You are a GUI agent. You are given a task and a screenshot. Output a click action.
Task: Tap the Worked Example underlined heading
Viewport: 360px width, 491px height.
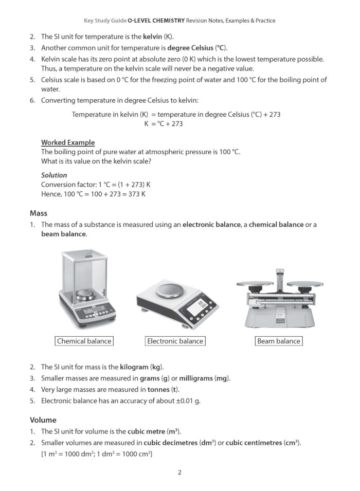coord(68,142)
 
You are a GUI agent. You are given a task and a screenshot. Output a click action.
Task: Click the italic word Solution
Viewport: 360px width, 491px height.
coord(54,175)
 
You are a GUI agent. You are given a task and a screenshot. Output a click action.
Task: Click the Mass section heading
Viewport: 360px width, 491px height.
coord(39,213)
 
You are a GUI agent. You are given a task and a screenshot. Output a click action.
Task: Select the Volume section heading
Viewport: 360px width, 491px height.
coord(43,420)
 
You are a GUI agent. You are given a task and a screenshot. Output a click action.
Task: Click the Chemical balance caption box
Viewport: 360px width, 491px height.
coord(84,341)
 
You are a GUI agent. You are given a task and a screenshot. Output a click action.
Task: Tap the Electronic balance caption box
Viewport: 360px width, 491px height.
coord(175,341)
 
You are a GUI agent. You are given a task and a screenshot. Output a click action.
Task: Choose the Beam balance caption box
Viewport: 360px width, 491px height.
coord(279,341)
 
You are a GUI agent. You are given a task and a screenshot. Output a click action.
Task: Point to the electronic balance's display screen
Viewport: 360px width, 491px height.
coord(195,308)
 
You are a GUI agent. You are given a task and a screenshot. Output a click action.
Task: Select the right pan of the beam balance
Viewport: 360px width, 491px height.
coord(304,283)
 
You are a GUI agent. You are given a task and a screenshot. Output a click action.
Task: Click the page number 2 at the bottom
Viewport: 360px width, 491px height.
coord(179,472)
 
